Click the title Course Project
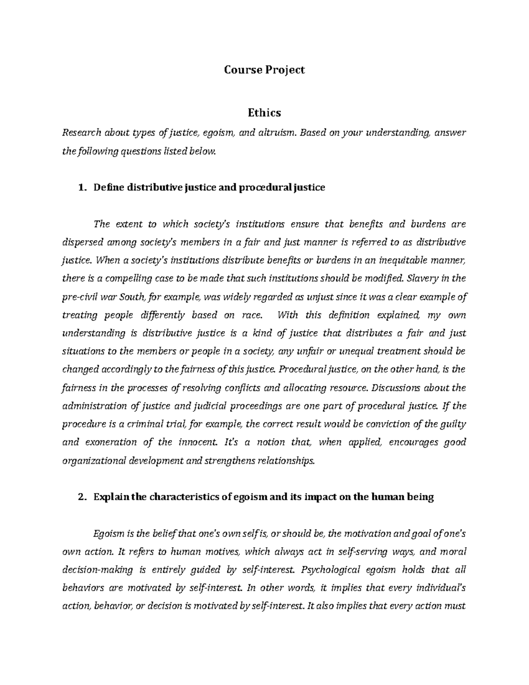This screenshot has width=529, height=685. [x=264, y=70]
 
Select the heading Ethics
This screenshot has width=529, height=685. [x=264, y=113]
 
